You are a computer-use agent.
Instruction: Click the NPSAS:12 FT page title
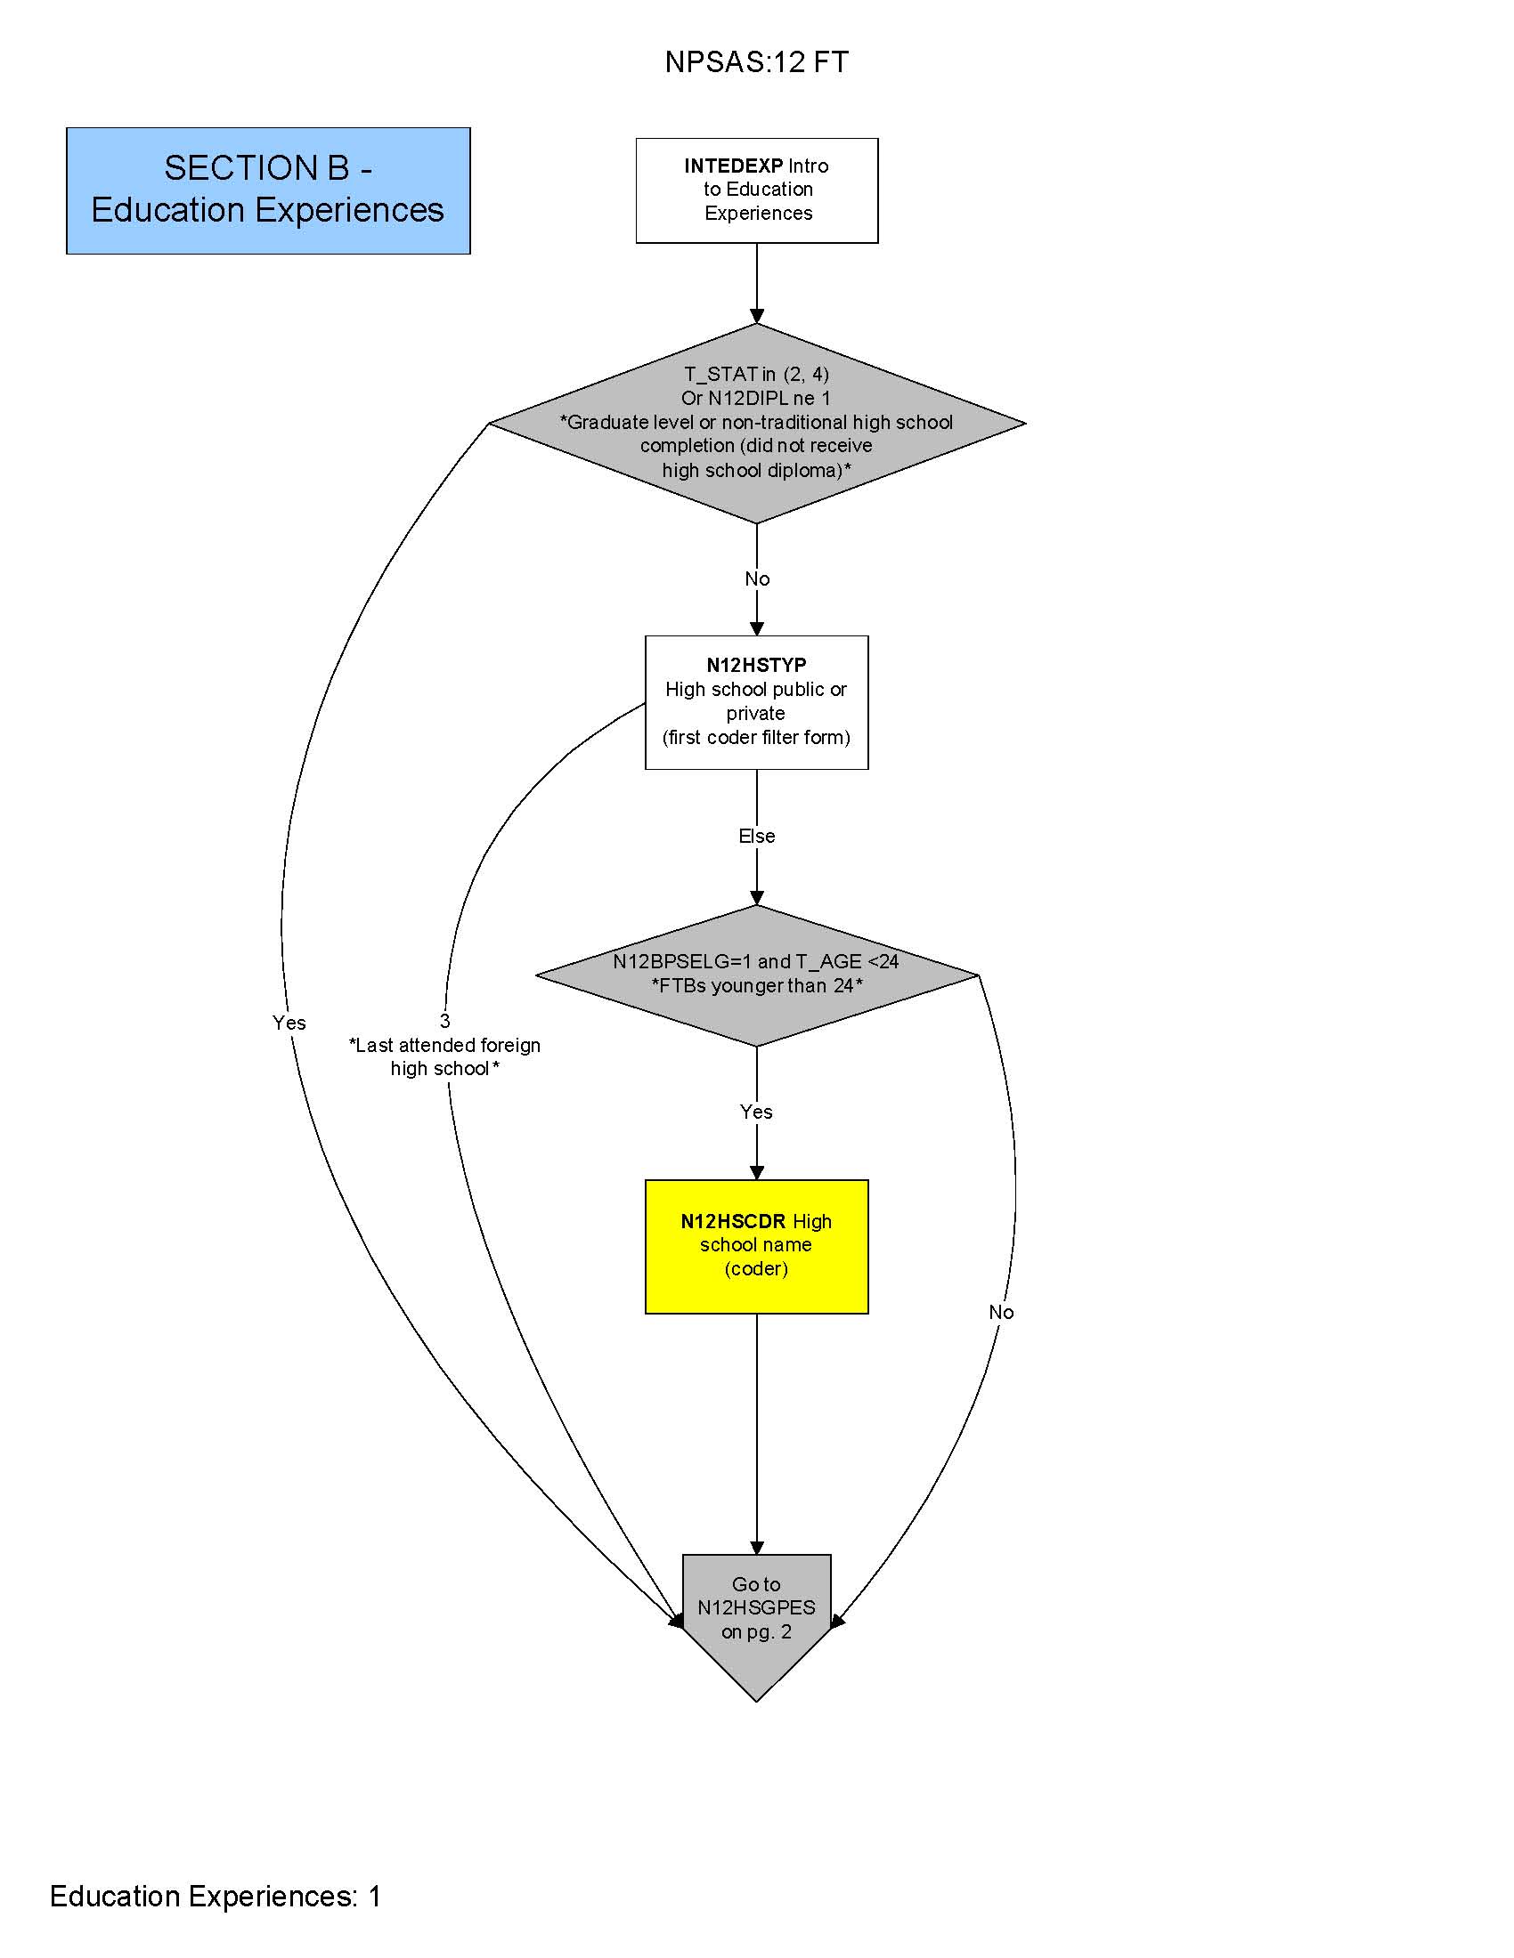[756, 62]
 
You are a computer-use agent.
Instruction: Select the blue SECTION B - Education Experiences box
[268, 190]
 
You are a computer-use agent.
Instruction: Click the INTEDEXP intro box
[756, 190]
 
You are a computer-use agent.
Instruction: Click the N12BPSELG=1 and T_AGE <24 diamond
[756, 975]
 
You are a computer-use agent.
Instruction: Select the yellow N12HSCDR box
[756, 1246]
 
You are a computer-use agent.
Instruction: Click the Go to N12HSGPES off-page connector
[756, 1614]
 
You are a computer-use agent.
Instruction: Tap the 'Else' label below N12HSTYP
[756, 836]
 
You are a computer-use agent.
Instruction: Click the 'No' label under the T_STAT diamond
[756, 579]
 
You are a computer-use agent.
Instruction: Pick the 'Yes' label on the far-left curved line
[289, 1023]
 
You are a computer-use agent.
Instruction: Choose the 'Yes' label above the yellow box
[756, 1112]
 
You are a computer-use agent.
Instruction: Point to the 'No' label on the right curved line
[1001, 1313]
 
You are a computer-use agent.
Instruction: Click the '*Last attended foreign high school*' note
[445, 1057]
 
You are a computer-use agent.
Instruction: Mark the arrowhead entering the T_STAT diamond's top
[756, 317]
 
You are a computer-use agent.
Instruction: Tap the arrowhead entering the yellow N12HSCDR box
[756, 1173]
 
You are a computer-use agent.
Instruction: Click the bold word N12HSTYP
[756, 665]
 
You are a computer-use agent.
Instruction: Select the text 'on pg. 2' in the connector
[756, 1631]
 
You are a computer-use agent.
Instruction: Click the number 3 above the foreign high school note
[445, 1021]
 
